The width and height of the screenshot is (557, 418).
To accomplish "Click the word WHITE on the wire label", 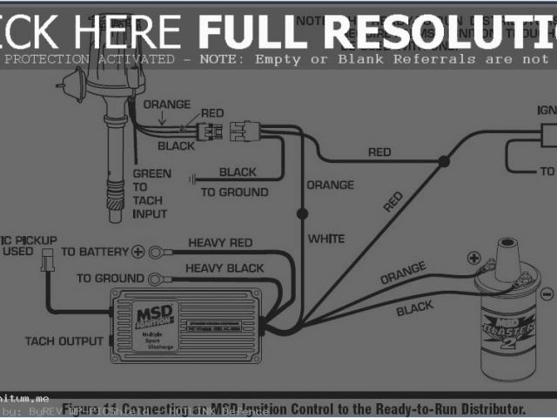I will coord(325,239).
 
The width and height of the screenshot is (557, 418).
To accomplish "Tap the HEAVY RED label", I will coord(220,242).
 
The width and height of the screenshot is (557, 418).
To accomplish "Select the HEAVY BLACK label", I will coord(224,268).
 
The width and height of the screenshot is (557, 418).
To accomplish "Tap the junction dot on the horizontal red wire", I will coord(444,160).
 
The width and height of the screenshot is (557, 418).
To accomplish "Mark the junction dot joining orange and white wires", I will coord(302,212).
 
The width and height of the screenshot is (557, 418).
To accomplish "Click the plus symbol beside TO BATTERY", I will coord(137,252).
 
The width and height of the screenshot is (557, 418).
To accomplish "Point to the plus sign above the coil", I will coord(473,258).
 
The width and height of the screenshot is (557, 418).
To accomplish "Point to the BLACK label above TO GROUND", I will coord(238,172).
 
